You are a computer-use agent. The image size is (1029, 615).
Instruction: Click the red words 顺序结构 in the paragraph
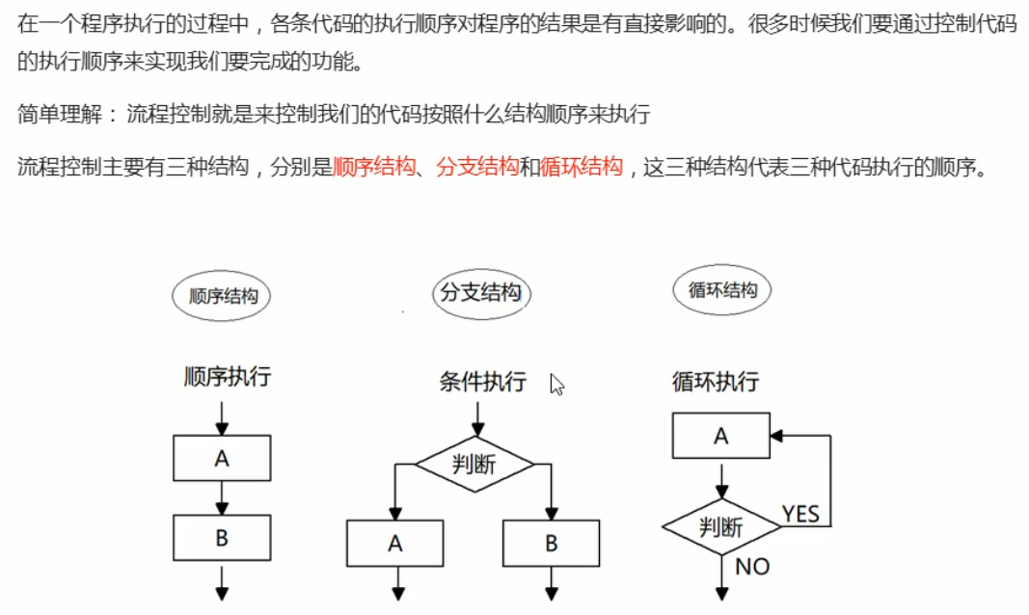(x=373, y=167)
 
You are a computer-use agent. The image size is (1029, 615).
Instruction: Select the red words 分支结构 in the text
(x=477, y=167)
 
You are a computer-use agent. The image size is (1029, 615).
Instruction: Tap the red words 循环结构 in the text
(x=582, y=167)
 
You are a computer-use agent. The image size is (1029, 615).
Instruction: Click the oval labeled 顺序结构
(x=221, y=296)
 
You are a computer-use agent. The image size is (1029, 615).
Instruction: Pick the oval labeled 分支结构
(x=480, y=293)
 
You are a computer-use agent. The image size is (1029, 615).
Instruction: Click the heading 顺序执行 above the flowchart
(x=227, y=377)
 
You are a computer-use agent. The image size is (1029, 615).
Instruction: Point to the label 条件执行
(x=482, y=382)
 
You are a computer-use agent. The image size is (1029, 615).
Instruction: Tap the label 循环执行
(x=716, y=382)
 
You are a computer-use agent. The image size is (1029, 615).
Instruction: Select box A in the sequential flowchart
(x=222, y=459)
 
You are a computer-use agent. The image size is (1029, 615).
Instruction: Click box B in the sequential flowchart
(x=222, y=538)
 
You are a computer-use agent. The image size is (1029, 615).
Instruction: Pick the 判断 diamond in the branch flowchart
(x=474, y=465)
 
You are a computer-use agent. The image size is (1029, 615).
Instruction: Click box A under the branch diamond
(x=394, y=543)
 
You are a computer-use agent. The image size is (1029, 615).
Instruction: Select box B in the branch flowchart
(x=551, y=543)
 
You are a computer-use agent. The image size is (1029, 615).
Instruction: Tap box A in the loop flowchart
(x=720, y=436)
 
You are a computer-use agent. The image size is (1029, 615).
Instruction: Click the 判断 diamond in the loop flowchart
(x=720, y=527)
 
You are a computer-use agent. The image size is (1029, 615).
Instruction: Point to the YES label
(x=800, y=514)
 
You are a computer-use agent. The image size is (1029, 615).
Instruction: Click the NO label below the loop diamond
(x=752, y=567)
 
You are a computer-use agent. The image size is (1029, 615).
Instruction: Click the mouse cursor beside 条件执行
(x=556, y=385)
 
